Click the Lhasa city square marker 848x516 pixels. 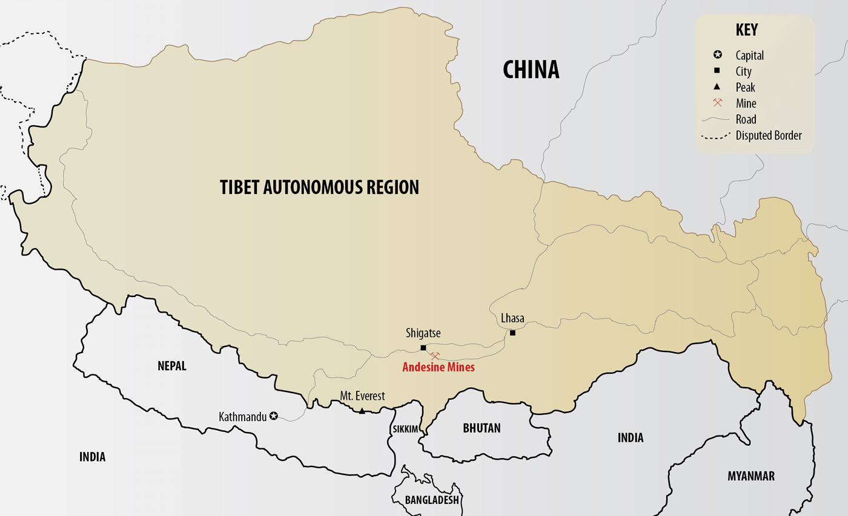[x=512, y=333]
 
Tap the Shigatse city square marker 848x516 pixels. [x=423, y=348]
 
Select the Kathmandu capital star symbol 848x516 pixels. [x=274, y=416]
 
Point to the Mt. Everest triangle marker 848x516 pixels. [x=362, y=411]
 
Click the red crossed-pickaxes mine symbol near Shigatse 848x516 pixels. [x=435, y=356]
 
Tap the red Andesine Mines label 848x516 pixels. [x=439, y=367]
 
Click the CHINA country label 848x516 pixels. [x=531, y=70]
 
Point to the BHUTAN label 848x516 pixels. [x=482, y=428]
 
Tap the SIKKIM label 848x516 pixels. [x=405, y=429]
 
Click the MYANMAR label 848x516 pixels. [x=750, y=476]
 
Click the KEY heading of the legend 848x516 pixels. [x=746, y=30]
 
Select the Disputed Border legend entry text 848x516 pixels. [x=769, y=136]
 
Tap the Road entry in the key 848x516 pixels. [x=746, y=119]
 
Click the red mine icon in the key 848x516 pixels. [x=718, y=103]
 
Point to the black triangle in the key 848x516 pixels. [x=718, y=87]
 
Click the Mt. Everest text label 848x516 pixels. [x=362, y=396]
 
